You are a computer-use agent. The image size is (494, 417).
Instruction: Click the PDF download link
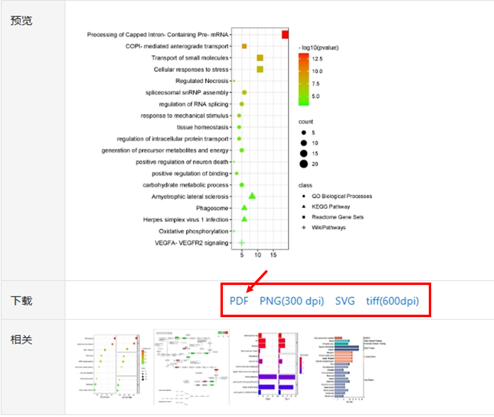(x=239, y=301)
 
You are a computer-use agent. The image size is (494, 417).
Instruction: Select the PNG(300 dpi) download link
(x=292, y=301)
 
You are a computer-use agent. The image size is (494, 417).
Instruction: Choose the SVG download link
(x=345, y=301)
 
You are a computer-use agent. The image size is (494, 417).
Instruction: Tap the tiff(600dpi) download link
(x=392, y=301)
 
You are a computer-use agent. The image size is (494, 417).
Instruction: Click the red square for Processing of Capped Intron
(x=285, y=35)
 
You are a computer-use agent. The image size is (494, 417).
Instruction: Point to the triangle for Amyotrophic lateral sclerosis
(x=252, y=196)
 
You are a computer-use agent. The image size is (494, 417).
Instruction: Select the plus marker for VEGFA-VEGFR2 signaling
(x=241, y=243)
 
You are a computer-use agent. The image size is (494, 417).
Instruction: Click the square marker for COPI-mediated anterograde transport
(x=244, y=46)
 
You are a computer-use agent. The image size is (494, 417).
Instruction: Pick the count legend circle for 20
(x=303, y=164)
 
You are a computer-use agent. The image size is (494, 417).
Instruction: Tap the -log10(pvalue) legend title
(x=319, y=48)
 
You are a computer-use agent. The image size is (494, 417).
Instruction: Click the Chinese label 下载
(x=21, y=301)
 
